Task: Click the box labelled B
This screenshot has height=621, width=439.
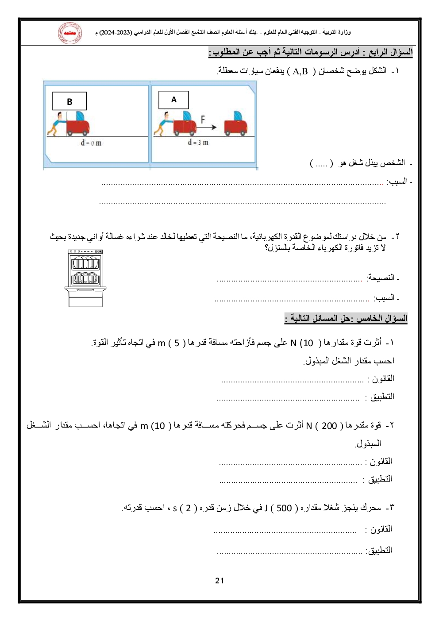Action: coord(69,101)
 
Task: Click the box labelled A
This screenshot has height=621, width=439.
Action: coord(173,100)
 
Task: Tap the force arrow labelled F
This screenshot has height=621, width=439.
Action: coord(206,127)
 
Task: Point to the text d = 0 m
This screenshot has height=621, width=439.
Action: coord(91,143)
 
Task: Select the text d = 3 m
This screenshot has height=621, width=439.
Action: coord(198,143)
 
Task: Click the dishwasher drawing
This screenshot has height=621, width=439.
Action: coord(85,278)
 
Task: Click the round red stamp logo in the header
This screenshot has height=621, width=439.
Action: coord(69,33)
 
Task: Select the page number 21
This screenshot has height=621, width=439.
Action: coord(219,581)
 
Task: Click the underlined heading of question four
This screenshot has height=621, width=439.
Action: coord(310,52)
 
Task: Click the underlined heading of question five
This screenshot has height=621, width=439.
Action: coord(346,318)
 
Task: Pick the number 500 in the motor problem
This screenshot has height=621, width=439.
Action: coord(284,508)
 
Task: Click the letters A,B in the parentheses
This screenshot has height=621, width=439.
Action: coord(300,71)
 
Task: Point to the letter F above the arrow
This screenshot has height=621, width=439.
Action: coord(203,119)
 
